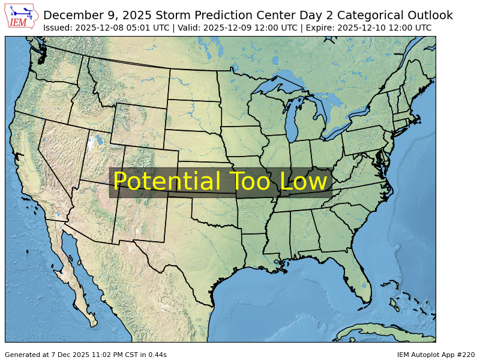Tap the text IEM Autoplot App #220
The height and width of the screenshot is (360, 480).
point(436,355)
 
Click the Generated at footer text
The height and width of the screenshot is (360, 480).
point(86,355)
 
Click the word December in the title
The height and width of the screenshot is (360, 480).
point(73,16)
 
